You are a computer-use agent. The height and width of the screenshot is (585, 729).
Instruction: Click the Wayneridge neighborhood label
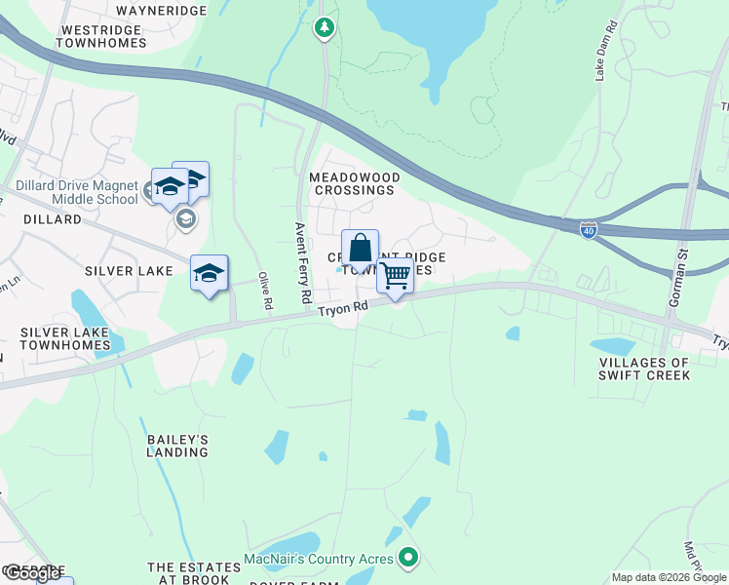click(161, 11)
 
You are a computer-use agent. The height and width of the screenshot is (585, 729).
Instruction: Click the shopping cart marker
click(395, 277)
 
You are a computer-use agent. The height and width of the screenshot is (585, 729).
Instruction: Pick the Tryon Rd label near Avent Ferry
click(343, 307)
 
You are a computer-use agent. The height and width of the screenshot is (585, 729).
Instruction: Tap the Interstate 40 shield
click(588, 230)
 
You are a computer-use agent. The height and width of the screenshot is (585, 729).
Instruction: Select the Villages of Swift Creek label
click(644, 369)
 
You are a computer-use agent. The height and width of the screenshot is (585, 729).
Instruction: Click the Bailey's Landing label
click(177, 446)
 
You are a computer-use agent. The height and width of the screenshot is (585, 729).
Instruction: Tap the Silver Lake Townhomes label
click(65, 338)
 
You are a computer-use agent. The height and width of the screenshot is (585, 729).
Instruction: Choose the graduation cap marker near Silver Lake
click(209, 275)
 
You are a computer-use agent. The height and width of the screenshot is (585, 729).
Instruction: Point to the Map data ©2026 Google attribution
click(669, 577)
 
